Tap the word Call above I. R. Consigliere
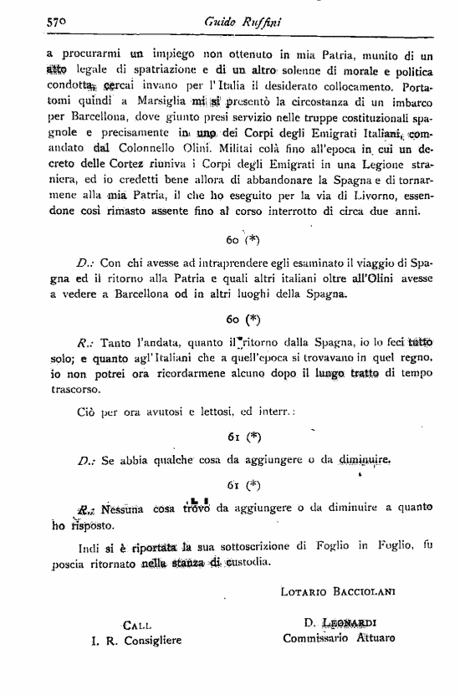[x=136, y=625]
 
